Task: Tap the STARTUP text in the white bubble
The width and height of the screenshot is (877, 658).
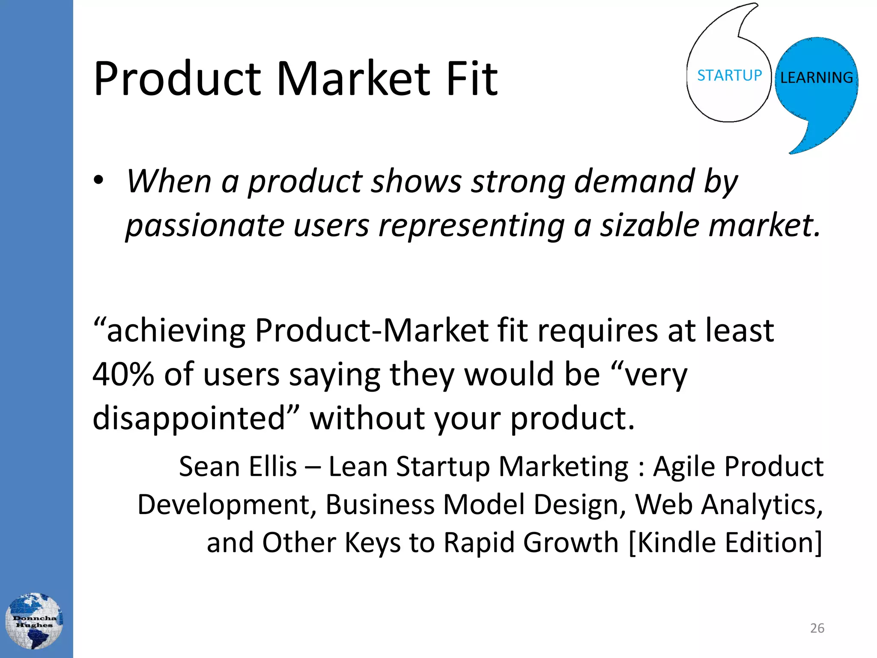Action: (729, 75)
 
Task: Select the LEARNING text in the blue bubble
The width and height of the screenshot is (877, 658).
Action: (816, 78)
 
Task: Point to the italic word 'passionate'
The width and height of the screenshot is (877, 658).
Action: (205, 226)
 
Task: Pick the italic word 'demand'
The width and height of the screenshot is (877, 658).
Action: (634, 181)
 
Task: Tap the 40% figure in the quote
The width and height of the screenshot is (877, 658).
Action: (123, 374)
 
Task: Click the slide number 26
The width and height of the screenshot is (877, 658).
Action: (817, 628)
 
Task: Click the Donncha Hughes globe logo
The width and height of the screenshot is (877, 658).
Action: (34, 621)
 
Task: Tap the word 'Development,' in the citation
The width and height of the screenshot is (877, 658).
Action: (227, 504)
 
